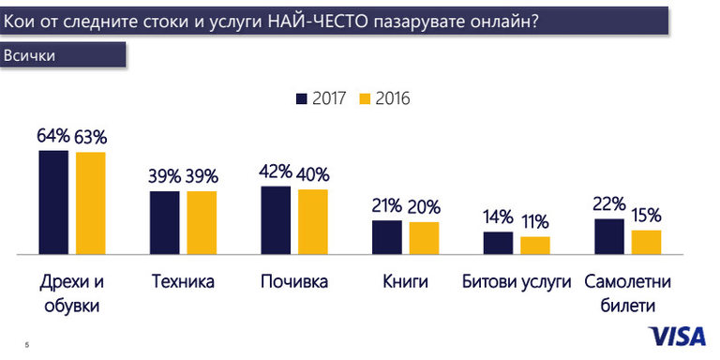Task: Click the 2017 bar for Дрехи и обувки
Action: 53,202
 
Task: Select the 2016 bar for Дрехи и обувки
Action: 91,202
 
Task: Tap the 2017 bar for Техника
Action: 164,222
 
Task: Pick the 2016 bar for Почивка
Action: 313,221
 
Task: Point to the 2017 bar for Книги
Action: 386,237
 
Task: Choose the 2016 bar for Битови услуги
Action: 535,245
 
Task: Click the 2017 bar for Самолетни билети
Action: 609,236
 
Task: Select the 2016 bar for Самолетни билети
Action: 647,242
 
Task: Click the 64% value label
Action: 53,136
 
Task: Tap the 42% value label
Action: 276,172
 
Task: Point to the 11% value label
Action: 535,222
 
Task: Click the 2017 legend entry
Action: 321,98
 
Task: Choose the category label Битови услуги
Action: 517,281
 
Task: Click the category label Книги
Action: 405,281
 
